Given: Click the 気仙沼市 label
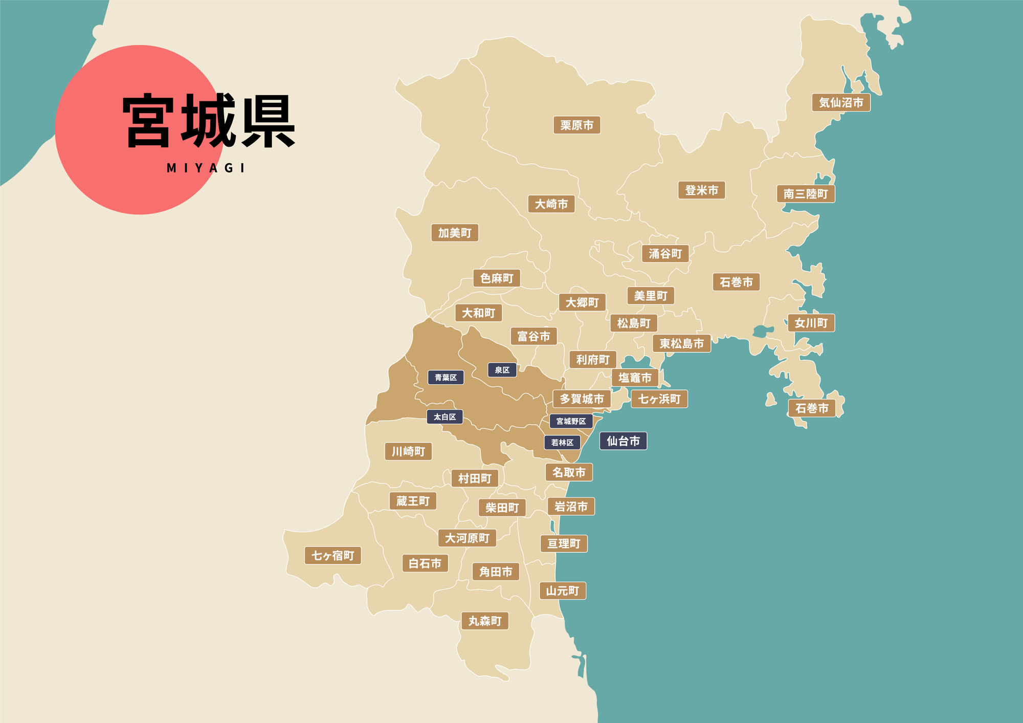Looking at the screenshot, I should [x=841, y=102].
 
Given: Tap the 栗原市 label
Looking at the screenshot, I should [x=576, y=125].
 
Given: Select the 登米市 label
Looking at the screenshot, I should [x=701, y=190].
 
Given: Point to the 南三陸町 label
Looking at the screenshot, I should [x=806, y=194].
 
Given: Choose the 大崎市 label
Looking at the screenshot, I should [x=551, y=204].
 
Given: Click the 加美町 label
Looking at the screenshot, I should [x=454, y=233].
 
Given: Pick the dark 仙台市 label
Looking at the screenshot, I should [x=623, y=441].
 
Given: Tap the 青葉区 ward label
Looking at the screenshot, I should [x=446, y=378].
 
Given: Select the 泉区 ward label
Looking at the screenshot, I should [x=502, y=370].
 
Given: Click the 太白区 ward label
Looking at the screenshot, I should [x=444, y=417].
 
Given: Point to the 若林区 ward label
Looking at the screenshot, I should [x=562, y=443].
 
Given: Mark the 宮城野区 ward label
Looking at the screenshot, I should [x=571, y=421].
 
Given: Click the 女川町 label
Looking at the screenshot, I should [x=811, y=323].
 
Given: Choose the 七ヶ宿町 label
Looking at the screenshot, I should [x=332, y=555].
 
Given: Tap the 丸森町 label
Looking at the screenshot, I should [x=485, y=621].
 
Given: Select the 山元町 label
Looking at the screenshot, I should [x=562, y=591].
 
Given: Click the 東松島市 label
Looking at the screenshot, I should [x=681, y=343].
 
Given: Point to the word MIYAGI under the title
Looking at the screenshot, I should [x=206, y=168].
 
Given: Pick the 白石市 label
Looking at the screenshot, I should [x=425, y=563].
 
